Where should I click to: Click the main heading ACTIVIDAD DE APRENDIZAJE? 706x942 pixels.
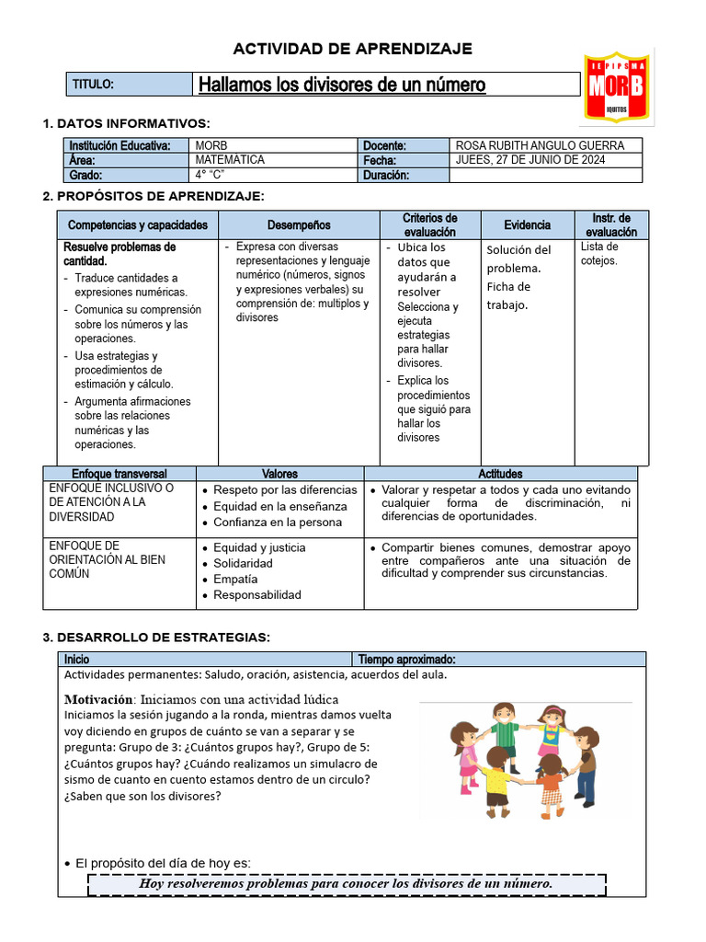pos(352,49)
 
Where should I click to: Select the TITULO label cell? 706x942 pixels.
pos(129,85)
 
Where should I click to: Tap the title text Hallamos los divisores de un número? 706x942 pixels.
pos(342,86)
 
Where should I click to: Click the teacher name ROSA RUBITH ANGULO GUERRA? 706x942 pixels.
pos(540,145)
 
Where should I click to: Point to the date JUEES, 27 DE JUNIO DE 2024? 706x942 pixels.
pos(530,160)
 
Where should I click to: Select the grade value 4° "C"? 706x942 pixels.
pos(211,175)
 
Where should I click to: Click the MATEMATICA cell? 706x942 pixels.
pos(230,160)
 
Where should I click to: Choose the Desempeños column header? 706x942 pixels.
pos(299,225)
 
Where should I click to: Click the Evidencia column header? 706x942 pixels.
pos(527,225)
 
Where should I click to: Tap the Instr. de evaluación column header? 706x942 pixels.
pos(611,225)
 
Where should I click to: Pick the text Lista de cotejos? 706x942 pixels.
pos(599,254)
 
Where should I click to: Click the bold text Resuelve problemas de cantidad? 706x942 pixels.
pos(120,254)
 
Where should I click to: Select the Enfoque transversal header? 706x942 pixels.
pos(120,474)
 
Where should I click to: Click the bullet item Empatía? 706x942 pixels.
pos(235,580)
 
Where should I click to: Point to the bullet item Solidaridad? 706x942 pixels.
pos(243,563)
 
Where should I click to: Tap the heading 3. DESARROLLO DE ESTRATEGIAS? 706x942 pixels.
pos(156,638)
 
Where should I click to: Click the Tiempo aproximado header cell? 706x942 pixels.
pos(406,660)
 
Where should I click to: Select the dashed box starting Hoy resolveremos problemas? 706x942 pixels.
pos(347,884)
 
